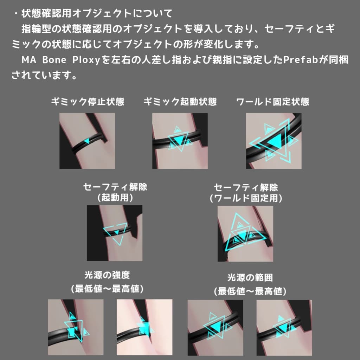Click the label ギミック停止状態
88,102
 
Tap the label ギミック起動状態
180,102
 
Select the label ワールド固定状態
273,102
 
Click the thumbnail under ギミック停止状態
87,141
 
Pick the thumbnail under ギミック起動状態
180,141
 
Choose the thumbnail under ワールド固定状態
274,141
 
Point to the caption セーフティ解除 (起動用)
115,192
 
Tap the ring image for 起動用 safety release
115,233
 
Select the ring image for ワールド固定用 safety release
245,233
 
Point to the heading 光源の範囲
250,278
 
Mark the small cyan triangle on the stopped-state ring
87,141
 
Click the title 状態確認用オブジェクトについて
97,14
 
